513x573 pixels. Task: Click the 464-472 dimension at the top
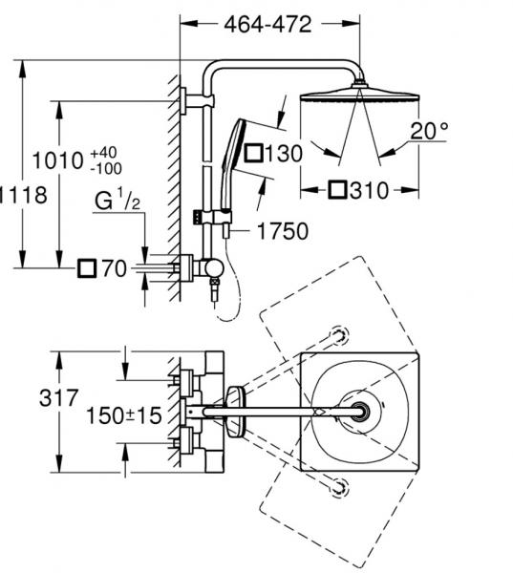click(x=267, y=25)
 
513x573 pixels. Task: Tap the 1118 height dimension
click(x=23, y=195)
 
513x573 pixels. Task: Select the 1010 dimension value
click(x=57, y=160)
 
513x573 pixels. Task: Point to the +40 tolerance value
click(x=103, y=153)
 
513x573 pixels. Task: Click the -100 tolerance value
click(x=106, y=169)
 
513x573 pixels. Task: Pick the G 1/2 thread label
click(x=118, y=200)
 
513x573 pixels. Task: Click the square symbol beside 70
click(x=87, y=268)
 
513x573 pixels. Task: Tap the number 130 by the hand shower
click(x=284, y=153)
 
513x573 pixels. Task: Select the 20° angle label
click(x=429, y=131)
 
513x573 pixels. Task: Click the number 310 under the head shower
click(x=369, y=190)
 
